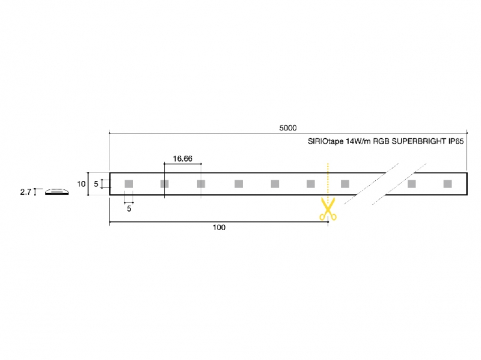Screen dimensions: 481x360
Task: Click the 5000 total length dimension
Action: [288, 128]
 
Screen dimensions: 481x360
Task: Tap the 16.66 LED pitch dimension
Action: [183, 159]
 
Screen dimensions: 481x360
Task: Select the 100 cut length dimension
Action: [219, 227]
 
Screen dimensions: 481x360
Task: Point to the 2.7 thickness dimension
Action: [26, 192]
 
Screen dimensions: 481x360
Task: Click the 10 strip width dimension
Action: [81, 184]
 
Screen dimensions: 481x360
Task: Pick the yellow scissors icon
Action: [328, 209]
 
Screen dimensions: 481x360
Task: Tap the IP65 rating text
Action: [456, 141]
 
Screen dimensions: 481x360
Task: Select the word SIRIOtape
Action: [325, 141]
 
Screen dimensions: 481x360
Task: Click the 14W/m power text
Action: [358, 141]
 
